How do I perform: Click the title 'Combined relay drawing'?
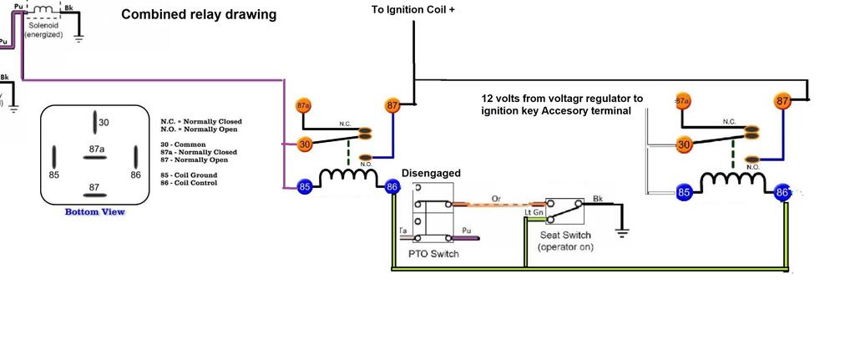click(199, 15)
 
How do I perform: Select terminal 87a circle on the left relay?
click(304, 107)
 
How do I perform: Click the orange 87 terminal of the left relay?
click(392, 105)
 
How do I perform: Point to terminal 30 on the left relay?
click(306, 145)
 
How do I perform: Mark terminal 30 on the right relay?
click(685, 145)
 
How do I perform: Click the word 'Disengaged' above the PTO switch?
click(432, 173)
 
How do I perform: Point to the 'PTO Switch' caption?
click(433, 254)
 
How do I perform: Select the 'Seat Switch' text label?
click(564, 236)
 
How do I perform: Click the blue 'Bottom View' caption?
click(95, 212)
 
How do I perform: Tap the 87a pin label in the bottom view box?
click(98, 149)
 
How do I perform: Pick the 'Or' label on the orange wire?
click(496, 198)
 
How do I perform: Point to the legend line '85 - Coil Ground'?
click(189, 175)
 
